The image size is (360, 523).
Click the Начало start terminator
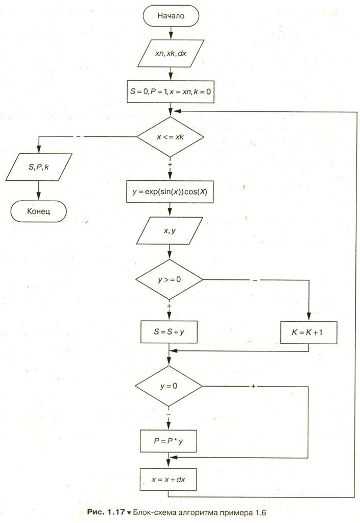point(170,15)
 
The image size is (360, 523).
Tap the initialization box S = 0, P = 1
point(170,93)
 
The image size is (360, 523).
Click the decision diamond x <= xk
point(170,136)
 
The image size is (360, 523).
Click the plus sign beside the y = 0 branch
point(253,386)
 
